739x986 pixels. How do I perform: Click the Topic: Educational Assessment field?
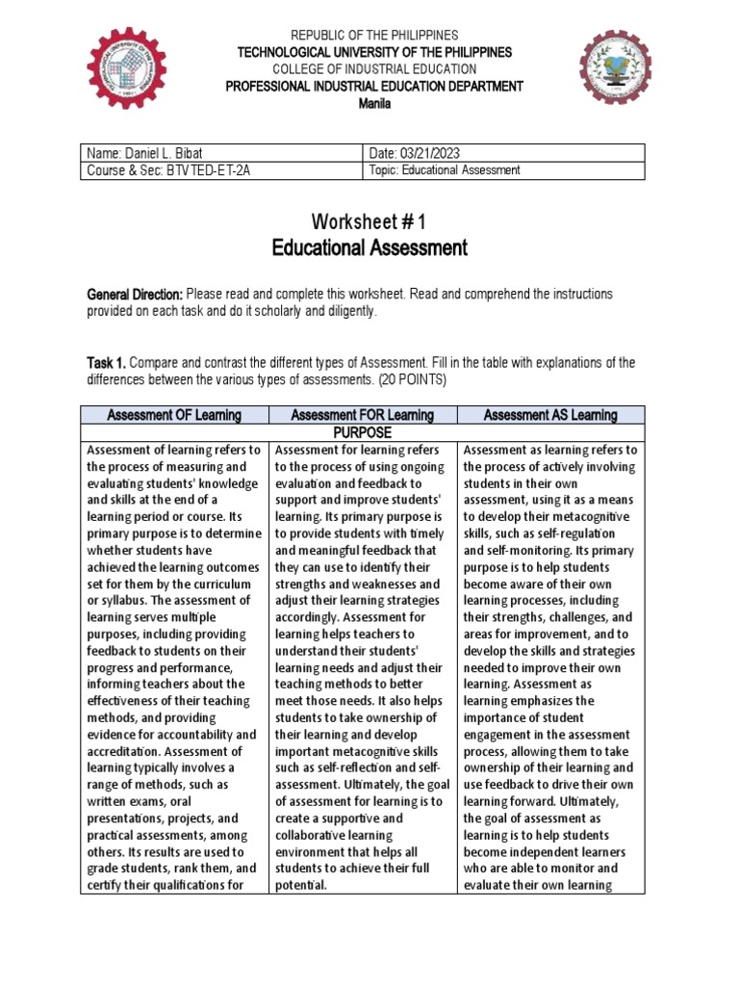click(x=445, y=169)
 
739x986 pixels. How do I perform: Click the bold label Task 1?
click(x=106, y=363)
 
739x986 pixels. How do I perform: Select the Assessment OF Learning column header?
click(x=175, y=415)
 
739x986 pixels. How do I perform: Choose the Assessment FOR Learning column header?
click(x=363, y=415)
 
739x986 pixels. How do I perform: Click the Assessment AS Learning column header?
click(x=550, y=415)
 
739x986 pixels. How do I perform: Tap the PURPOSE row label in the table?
click(x=363, y=432)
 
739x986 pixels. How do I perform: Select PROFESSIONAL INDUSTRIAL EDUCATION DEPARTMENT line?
click(x=374, y=87)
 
